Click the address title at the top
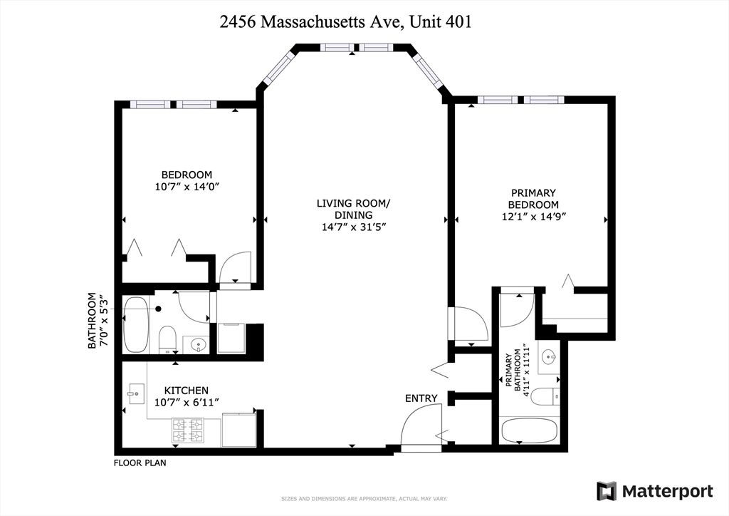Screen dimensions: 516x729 [x=346, y=22]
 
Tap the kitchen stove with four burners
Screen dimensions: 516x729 [x=187, y=430]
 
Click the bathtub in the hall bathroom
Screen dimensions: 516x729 [x=135, y=325]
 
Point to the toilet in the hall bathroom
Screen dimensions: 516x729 [x=167, y=338]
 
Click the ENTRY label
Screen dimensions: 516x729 [x=421, y=398]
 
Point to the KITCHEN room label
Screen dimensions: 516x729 [x=187, y=391]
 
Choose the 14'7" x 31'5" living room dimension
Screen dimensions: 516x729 [x=354, y=227]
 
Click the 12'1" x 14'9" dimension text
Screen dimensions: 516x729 [x=533, y=217]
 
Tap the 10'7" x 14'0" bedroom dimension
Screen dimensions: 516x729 [x=187, y=187]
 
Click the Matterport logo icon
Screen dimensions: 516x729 [x=607, y=491]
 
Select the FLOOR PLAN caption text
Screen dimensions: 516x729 [x=140, y=463]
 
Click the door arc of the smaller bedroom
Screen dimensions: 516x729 [x=236, y=268]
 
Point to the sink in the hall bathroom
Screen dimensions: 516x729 [x=197, y=345]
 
